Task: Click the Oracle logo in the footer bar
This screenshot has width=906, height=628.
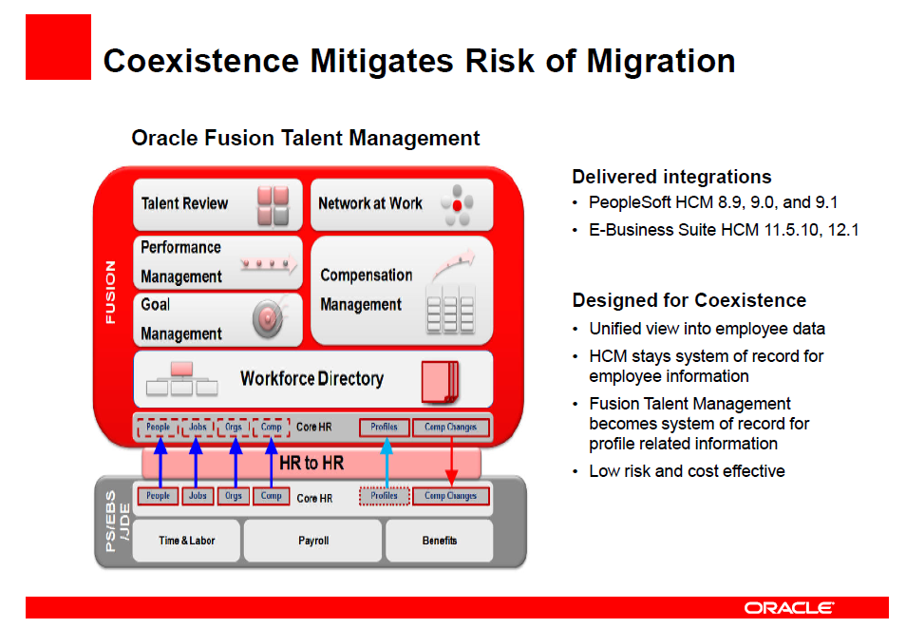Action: (x=788, y=608)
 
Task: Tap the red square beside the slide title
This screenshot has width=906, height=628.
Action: (x=58, y=47)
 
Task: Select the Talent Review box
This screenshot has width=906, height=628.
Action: (x=217, y=204)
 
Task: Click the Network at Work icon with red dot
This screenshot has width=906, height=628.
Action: (x=457, y=204)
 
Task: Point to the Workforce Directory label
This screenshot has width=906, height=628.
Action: (x=312, y=379)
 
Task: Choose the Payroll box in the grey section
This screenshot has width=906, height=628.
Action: (x=312, y=541)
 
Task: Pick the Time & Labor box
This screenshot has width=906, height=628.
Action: (x=187, y=541)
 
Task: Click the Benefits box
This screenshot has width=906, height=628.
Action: (x=439, y=541)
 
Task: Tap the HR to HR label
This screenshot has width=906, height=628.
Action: (x=311, y=464)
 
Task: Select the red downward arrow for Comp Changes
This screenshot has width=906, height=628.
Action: (x=451, y=461)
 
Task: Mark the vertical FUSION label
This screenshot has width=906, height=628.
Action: (x=110, y=292)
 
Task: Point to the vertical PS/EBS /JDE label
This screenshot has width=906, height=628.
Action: (x=117, y=521)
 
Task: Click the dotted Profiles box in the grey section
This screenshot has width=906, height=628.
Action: (x=385, y=496)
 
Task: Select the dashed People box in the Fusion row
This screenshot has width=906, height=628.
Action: (x=158, y=428)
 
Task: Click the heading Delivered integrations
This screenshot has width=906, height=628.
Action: (x=671, y=177)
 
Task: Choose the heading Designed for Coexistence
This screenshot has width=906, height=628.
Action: (x=689, y=301)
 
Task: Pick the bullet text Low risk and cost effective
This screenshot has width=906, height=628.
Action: (x=687, y=471)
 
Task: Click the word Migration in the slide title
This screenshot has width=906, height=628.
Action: (x=661, y=62)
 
